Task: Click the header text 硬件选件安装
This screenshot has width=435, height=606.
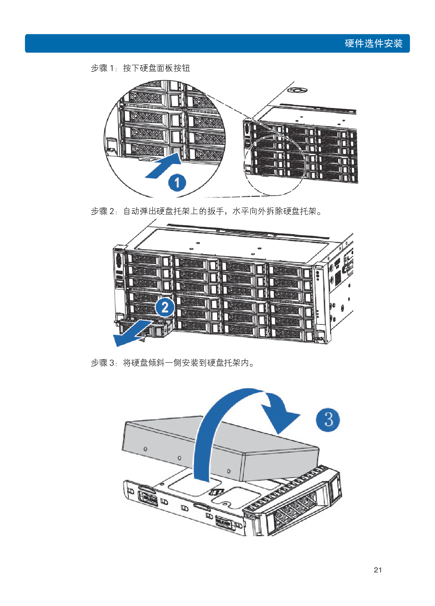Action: (373, 43)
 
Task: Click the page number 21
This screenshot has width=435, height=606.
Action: (378, 570)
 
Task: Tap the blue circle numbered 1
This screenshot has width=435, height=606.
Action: (177, 182)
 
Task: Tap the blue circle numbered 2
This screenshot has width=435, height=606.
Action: (165, 307)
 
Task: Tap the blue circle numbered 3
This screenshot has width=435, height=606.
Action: (328, 419)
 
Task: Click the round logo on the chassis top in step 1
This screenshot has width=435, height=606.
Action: (297, 90)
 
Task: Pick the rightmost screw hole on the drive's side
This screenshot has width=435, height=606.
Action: (229, 471)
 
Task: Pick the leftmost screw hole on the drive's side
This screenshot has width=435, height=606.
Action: (145, 449)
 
